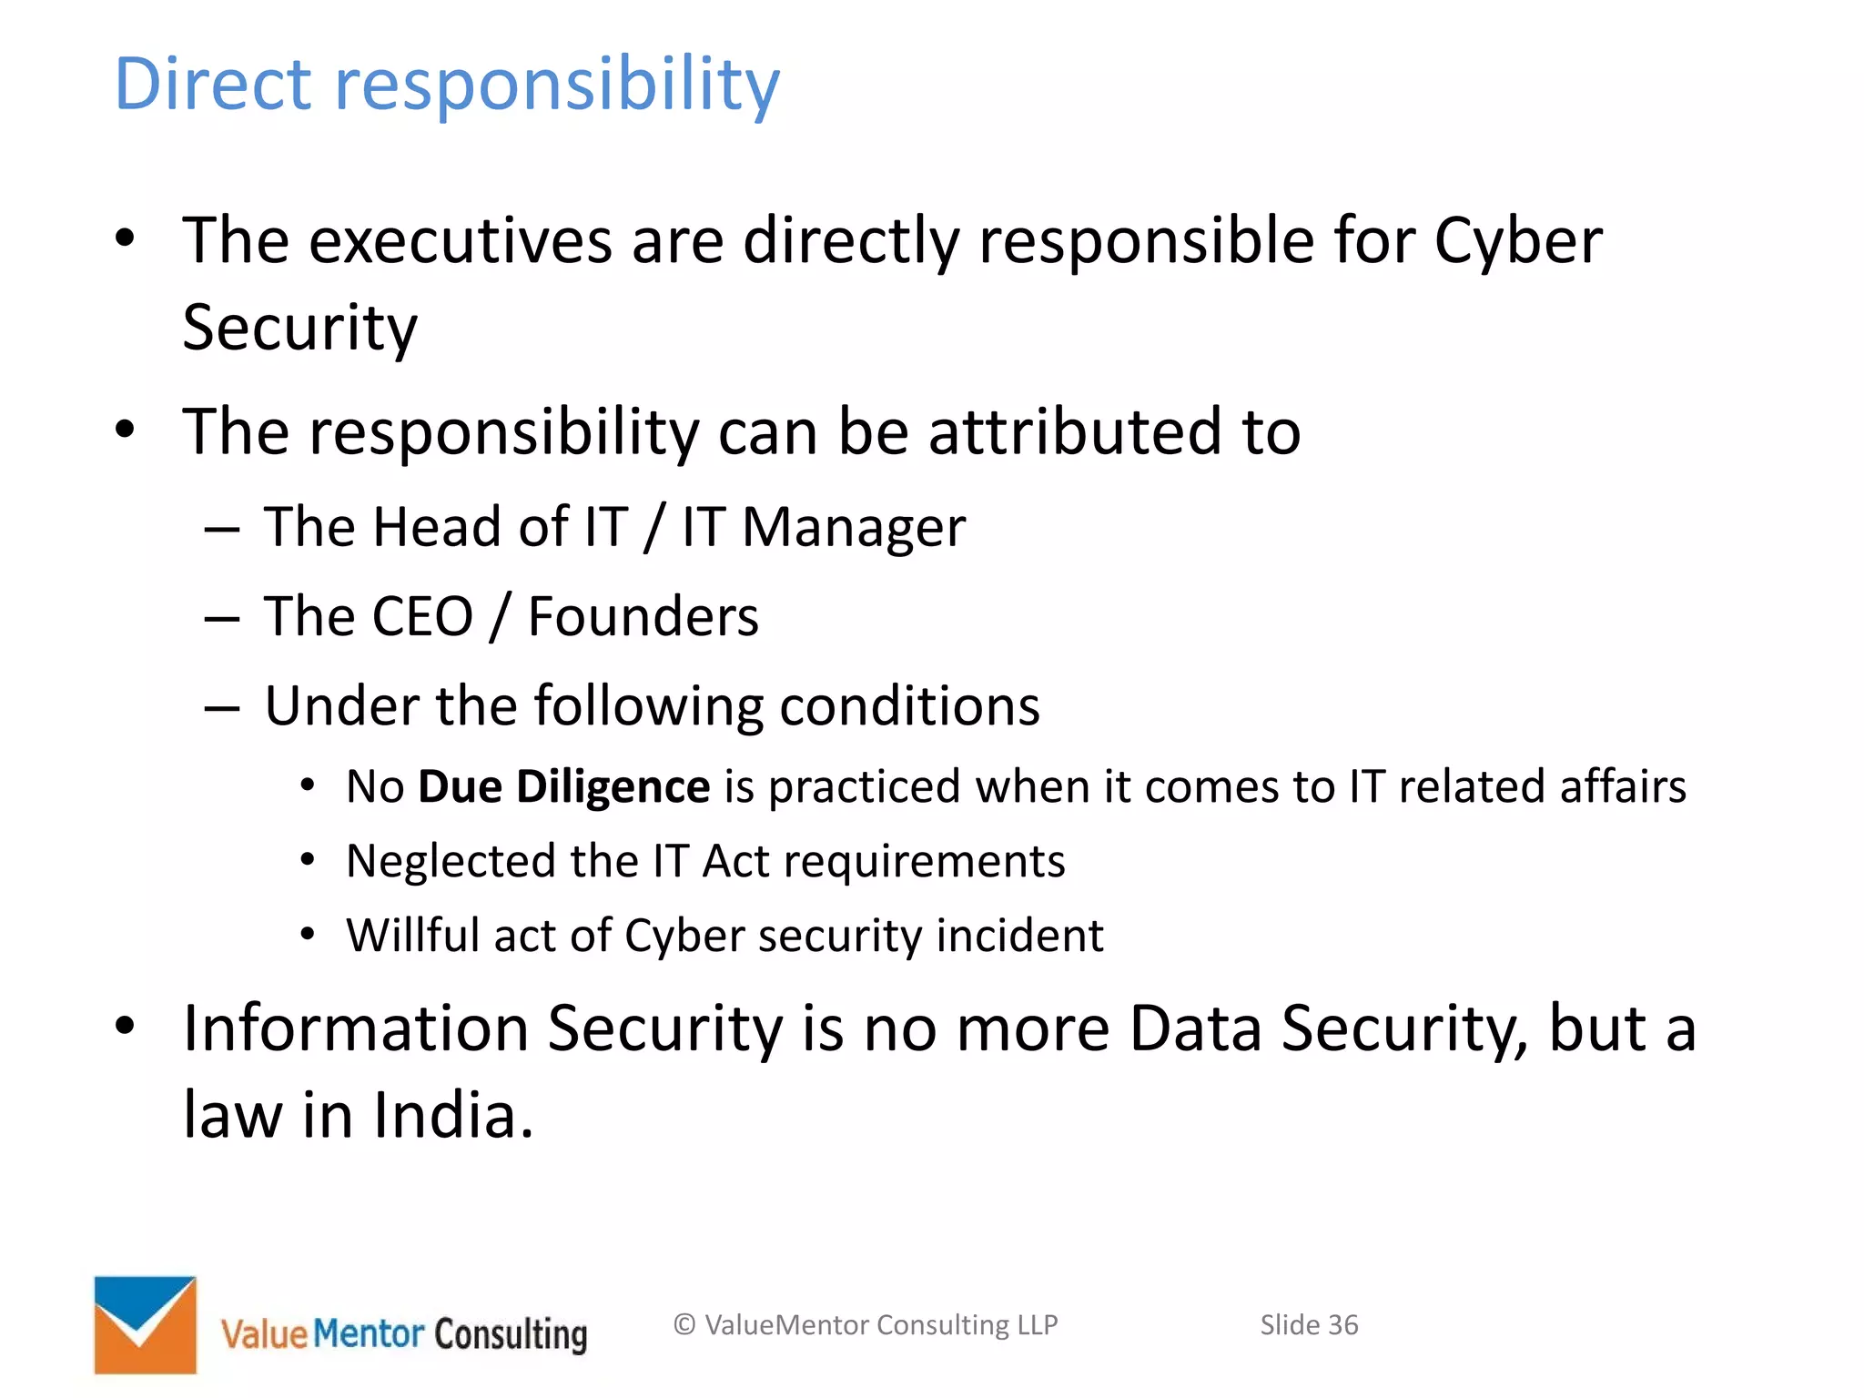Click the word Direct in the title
click(213, 84)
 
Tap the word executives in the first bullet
click(461, 241)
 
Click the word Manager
click(853, 529)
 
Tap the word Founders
click(643, 617)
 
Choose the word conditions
click(909, 706)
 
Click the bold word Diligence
click(613, 787)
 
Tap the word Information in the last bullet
click(356, 1028)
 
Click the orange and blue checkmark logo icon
click(146, 1324)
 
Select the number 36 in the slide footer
click(1342, 1325)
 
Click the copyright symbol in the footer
click(684, 1325)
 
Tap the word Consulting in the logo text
click(511, 1335)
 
